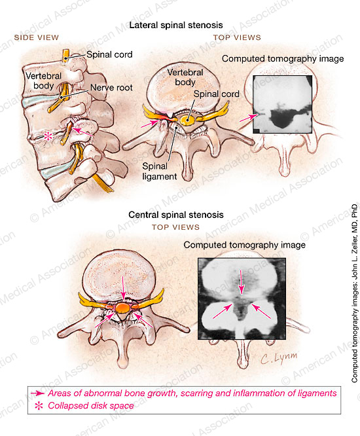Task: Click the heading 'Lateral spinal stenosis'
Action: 176,26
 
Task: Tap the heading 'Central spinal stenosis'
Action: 176,215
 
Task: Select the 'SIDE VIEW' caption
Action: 37,37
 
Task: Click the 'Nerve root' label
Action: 111,88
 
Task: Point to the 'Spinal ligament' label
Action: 160,172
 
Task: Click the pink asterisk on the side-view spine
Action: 48,136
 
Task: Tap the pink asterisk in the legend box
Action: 39,406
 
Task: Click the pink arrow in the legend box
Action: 37,393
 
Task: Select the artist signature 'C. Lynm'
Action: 279,357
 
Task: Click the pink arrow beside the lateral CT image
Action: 249,118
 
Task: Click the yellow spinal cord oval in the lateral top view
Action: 187,120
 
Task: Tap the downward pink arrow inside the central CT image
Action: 241,282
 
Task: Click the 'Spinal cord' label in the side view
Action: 109,54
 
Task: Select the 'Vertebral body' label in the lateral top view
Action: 185,77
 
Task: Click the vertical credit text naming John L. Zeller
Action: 355,293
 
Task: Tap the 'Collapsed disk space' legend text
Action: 90,406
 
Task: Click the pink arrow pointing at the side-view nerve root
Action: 82,132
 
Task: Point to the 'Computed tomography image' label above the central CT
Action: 244,245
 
